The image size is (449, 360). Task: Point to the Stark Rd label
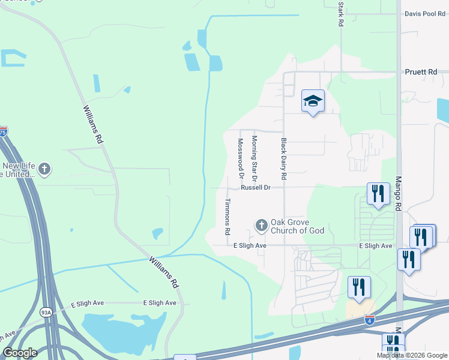pos(341,13)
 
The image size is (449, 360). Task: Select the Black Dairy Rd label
pos(283,159)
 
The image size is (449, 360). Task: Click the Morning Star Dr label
pos(254,158)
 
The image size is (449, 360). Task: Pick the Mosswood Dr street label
pos(240,158)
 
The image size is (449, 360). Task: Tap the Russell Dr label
pos(256,188)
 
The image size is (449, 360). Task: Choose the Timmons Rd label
pos(228,217)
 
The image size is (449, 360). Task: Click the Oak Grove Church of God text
pos(297,226)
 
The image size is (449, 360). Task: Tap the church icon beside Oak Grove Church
pos(261,226)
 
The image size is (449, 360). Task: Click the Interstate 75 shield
pos(3,130)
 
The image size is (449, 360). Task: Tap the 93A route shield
pos(46,312)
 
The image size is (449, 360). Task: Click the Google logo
pos(20,353)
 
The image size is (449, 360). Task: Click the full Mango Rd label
pos(398,193)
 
